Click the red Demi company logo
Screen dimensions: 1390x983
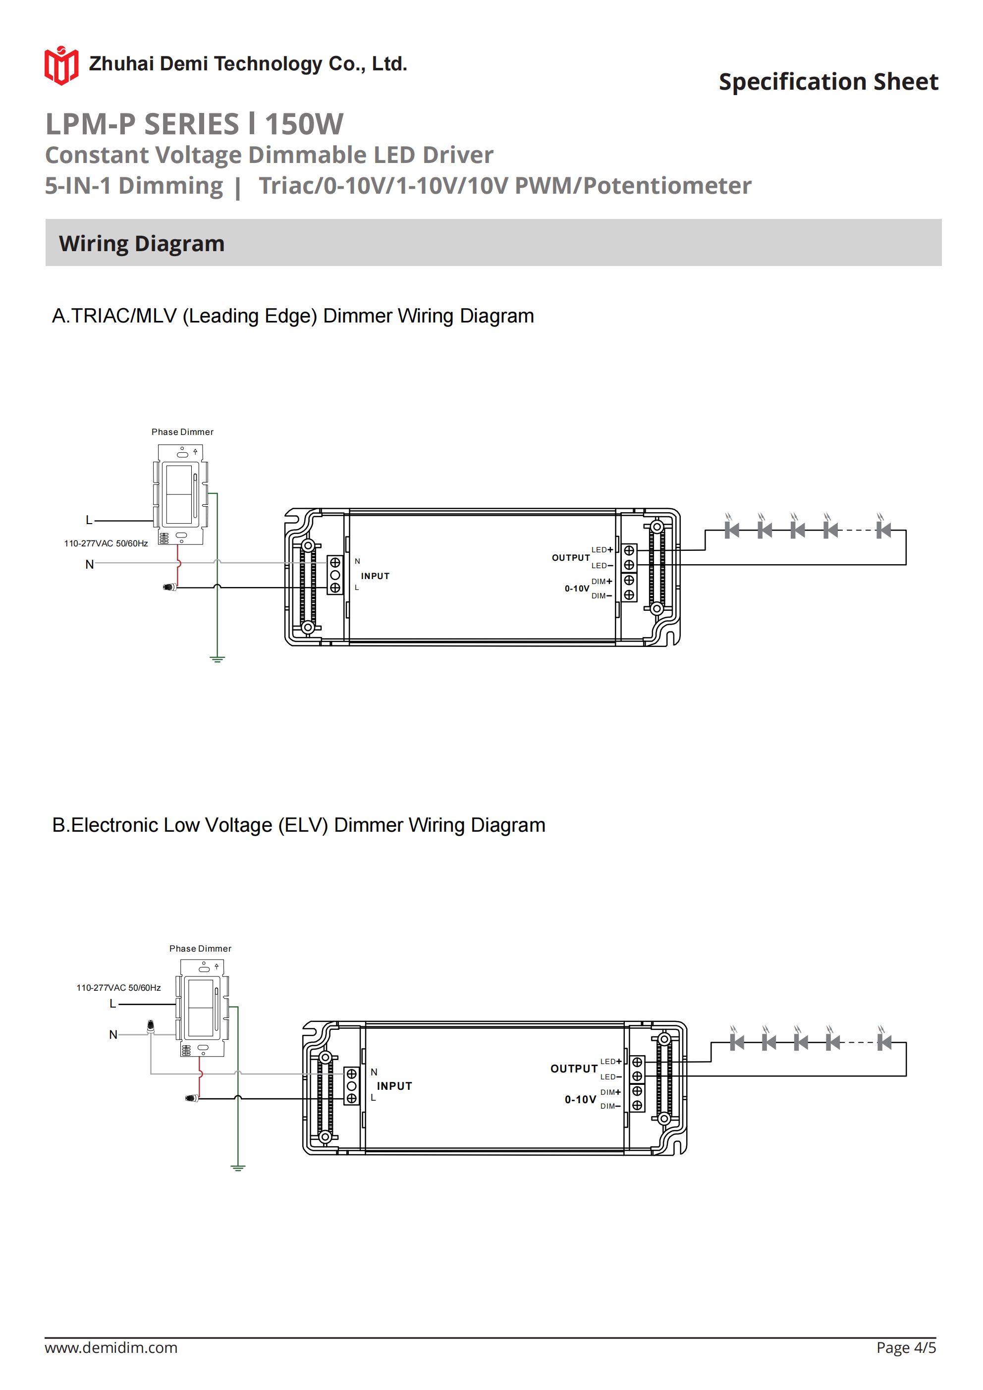[61, 65]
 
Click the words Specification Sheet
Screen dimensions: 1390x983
[828, 82]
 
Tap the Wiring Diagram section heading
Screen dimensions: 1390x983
[142, 243]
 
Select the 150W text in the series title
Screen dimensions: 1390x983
[304, 124]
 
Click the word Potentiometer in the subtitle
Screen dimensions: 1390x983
[667, 186]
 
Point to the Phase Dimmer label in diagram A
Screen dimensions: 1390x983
[182, 431]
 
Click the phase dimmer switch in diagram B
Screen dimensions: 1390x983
[202, 1008]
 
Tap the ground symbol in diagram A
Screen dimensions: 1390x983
[218, 659]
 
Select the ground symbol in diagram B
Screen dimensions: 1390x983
[238, 1168]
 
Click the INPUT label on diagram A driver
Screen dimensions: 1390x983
[375, 576]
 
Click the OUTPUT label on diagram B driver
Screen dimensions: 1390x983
[574, 1069]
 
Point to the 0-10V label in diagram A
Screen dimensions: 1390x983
[577, 588]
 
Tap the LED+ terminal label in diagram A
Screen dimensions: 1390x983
[601, 550]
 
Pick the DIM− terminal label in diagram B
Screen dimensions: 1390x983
[610, 1106]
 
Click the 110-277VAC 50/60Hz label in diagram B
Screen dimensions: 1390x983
[119, 987]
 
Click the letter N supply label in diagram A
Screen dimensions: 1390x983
[90, 564]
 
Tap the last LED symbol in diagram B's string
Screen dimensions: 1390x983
[884, 1042]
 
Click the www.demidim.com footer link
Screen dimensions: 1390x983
[111, 1347]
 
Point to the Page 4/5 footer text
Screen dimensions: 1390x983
[906, 1347]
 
